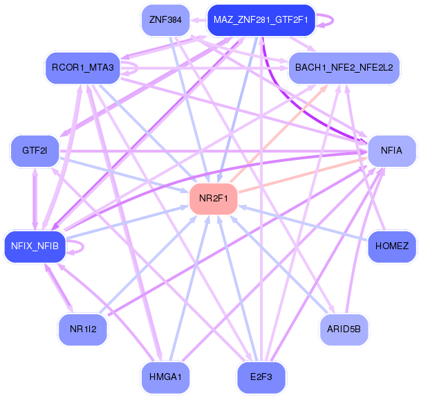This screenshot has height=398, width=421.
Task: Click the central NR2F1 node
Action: (x=213, y=199)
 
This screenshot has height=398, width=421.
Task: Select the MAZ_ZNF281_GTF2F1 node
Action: (x=261, y=20)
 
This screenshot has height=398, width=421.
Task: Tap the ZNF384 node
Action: (x=165, y=20)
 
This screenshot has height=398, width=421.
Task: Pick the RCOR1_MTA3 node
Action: (x=82, y=67)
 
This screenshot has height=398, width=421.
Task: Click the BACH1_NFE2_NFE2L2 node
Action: (x=344, y=67)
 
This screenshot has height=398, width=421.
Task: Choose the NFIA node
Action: (x=391, y=150)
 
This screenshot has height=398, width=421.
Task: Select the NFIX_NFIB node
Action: (x=35, y=246)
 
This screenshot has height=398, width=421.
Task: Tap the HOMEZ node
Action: (x=391, y=246)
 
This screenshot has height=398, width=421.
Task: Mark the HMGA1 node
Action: (x=165, y=377)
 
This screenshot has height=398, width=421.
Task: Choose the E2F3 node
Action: (x=261, y=377)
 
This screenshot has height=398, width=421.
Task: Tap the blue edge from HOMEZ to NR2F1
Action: (x=304, y=223)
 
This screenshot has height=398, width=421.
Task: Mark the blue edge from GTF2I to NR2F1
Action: (x=124, y=176)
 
